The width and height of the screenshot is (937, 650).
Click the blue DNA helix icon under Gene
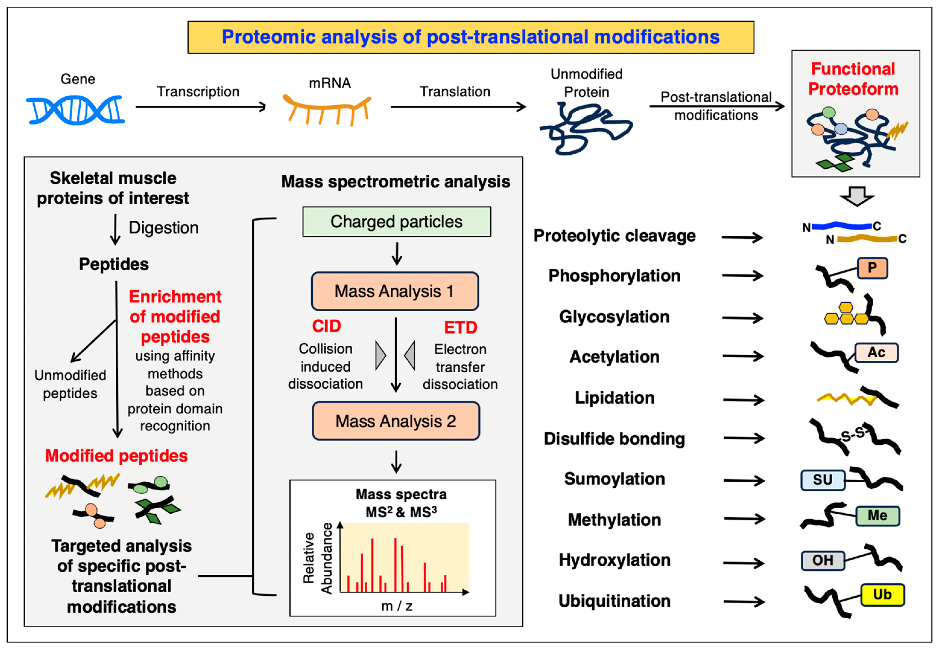coord(75,110)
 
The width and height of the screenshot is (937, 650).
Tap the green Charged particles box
coord(396,222)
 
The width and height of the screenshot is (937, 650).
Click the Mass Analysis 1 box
coord(394,291)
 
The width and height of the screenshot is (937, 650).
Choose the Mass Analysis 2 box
coord(396,421)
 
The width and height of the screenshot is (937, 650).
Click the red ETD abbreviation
coord(460,327)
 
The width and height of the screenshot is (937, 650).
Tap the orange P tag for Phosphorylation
coord(872,268)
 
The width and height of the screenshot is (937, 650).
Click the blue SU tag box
coord(822,480)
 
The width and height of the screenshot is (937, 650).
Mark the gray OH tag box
coord(822,561)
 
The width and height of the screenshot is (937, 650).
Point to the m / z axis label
coord(396,606)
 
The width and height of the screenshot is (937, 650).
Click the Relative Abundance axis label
coord(318,558)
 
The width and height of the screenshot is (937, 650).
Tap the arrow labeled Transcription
coord(200,107)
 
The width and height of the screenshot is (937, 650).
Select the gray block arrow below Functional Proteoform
coord(857,196)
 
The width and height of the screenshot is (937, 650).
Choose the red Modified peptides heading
coord(116,456)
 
